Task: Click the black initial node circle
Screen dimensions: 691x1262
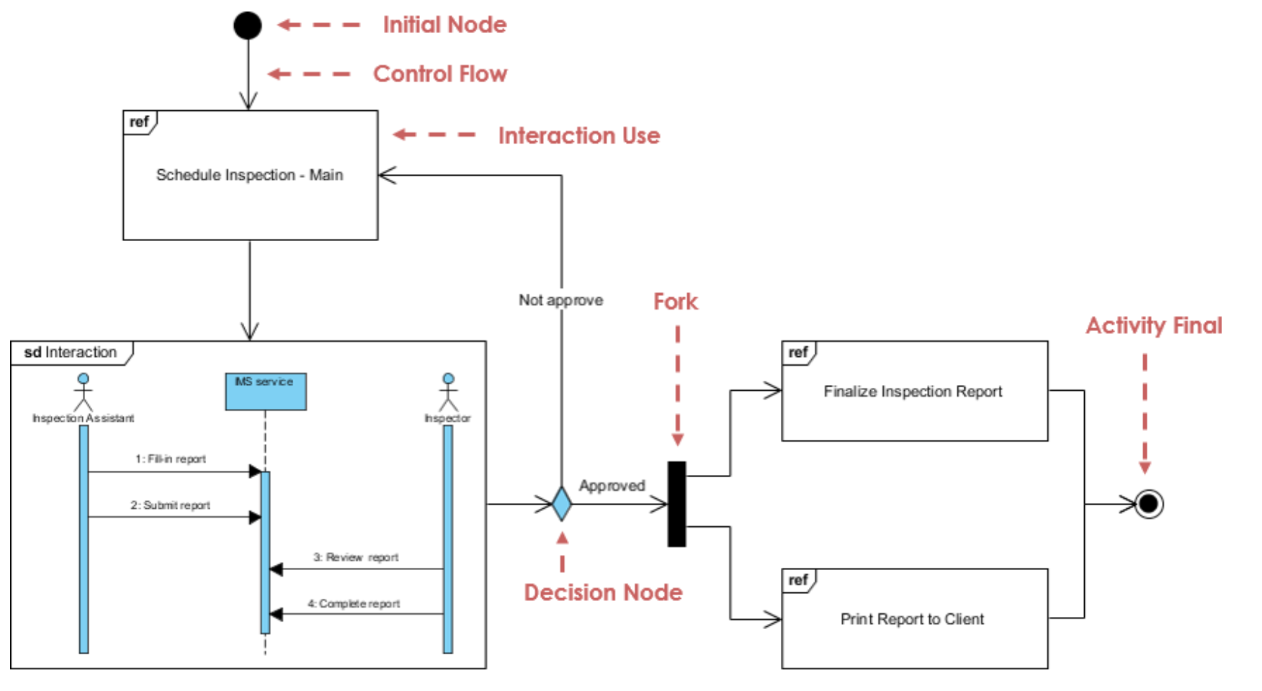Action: click(248, 26)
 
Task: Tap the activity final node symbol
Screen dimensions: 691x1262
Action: click(1149, 503)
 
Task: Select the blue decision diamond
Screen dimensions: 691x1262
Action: click(562, 503)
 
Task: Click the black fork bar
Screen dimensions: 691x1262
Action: click(677, 504)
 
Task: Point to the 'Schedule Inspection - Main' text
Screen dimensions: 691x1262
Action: click(249, 175)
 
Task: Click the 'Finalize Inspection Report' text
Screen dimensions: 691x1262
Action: click(913, 392)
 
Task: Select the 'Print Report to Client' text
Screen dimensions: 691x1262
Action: click(912, 619)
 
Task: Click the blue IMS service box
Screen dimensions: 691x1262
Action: click(266, 391)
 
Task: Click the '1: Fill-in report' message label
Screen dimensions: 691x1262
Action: click(171, 459)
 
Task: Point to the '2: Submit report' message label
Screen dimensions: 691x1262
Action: click(170, 505)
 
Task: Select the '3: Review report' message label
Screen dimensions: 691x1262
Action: click(356, 557)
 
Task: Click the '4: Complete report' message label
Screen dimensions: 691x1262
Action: click(354, 604)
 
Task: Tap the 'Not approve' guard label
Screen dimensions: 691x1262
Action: click(561, 300)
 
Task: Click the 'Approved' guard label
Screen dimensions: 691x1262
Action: click(612, 486)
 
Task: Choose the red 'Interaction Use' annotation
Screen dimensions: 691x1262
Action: click(579, 136)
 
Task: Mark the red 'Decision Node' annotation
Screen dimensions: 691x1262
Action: click(603, 592)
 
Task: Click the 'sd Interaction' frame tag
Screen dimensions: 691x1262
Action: click(71, 353)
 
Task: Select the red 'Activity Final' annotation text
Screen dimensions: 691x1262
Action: click(1154, 326)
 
